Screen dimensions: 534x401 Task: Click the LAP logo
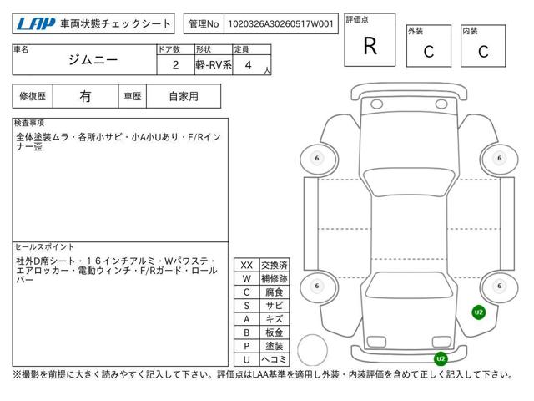36,23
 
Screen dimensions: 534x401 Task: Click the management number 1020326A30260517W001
280,23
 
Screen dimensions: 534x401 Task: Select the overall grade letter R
370,46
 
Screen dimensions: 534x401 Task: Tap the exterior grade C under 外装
429,52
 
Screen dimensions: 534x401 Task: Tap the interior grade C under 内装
483,52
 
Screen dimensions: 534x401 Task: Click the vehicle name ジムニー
93,60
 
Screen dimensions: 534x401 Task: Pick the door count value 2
175,65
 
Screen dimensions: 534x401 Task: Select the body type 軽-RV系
214,65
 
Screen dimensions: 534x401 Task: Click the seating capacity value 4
249,65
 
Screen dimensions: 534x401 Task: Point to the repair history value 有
85,97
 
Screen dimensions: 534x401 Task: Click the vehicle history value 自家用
184,97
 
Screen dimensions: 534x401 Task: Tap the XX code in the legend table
247,265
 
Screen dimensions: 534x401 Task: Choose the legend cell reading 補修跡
275,278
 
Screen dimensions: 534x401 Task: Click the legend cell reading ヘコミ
275,359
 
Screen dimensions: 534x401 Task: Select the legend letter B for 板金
247,332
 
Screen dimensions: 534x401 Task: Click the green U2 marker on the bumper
441,358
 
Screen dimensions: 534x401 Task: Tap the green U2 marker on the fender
479,312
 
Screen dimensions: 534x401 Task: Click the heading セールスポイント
44,247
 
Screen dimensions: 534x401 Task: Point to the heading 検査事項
29,123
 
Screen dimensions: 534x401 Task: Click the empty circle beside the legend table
312,335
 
